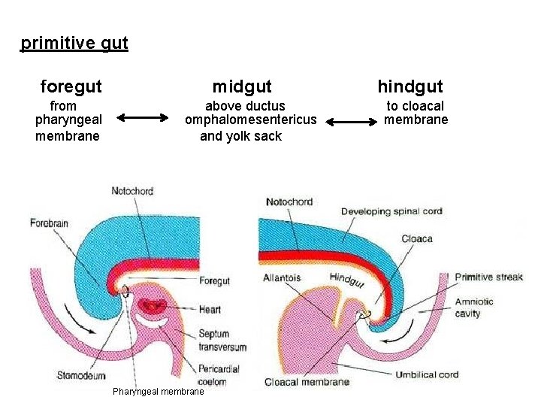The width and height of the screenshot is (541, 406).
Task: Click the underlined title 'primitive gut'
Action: click(74, 43)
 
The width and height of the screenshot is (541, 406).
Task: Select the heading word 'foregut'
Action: click(71, 86)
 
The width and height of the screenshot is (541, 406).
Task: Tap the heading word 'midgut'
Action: click(242, 87)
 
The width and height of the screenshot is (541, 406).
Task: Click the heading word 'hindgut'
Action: click(410, 86)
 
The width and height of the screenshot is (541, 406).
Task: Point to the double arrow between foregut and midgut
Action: click(144, 117)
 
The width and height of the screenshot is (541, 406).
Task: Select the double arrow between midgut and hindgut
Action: click(351, 121)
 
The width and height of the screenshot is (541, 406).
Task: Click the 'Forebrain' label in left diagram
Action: click(49, 223)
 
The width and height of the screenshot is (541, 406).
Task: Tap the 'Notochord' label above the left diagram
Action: click(132, 191)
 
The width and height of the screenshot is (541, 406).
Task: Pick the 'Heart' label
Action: click(210, 309)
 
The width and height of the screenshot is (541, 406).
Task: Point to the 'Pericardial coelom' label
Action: click(220, 375)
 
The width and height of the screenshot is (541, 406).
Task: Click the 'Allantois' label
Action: click(282, 278)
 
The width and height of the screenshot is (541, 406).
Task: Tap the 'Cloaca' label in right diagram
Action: click(416, 238)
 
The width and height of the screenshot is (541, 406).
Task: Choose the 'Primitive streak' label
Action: click(488, 277)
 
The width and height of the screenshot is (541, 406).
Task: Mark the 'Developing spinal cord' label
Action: click(391, 211)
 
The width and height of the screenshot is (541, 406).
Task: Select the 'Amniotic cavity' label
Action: click(474, 307)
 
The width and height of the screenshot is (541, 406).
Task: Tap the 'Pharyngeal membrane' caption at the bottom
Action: click(158, 392)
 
